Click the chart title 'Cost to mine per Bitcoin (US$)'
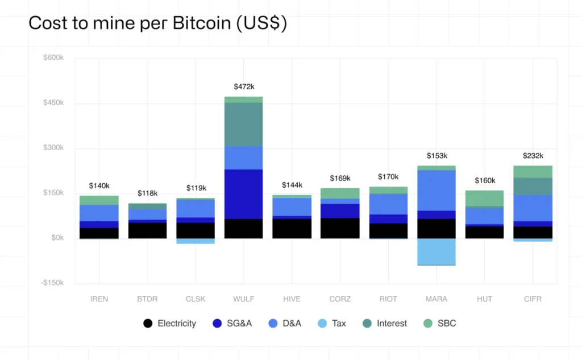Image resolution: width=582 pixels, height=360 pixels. click(157, 23)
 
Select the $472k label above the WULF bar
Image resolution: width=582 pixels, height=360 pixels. click(244, 86)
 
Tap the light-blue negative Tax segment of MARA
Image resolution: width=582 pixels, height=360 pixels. click(436, 251)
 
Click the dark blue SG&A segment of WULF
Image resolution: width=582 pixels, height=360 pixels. click(244, 194)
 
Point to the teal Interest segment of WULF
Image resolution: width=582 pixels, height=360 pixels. click(244, 124)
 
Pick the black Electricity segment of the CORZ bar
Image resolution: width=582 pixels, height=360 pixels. click(340, 228)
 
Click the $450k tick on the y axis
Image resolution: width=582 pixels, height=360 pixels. click(54, 103)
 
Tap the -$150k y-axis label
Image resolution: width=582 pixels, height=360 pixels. click(53, 283)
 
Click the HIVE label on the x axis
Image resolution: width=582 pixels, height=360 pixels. click(292, 299)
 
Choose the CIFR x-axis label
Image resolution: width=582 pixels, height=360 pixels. click(533, 299)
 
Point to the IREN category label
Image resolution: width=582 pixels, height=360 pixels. click(99, 299)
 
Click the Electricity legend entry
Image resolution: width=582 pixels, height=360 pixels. click(170, 323)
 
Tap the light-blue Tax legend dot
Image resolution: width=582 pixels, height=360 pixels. click(322, 323)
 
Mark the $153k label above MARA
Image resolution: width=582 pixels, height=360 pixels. click(436, 156)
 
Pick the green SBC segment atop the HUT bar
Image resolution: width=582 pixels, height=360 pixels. click(484, 198)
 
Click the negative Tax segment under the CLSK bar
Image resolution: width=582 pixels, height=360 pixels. click(196, 241)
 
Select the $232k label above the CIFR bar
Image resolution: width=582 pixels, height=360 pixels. click(533, 156)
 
